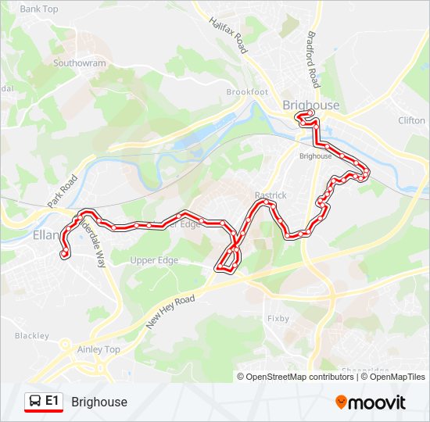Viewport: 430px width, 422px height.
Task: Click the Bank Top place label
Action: [x=39, y=9]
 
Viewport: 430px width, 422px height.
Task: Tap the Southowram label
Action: [x=81, y=63]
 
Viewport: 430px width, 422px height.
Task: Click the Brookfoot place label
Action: [x=247, y=92]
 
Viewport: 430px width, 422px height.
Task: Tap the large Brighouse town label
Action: [x=311, y=105]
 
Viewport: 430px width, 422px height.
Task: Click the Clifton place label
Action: [x=411, y=120]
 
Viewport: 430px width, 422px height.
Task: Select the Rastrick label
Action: [x=271, y=195]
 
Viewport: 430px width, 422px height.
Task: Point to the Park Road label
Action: [x=63, y=190]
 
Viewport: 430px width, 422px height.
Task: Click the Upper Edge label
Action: [x=155, y=260]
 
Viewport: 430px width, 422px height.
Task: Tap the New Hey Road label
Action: [x=170, y=312]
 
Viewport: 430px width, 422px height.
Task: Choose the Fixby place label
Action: [x=278, y=319]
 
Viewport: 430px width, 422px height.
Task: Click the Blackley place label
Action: [x=31, y=336]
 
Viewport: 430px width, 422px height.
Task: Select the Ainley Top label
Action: [x=99, y=349]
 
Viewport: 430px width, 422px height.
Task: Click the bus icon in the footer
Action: [x=35, y=402]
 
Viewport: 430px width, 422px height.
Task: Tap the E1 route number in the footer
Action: [x=52, y=401]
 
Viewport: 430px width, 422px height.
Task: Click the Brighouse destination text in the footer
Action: [x=99, y=402]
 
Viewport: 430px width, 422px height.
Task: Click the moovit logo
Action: [x=371, y=402]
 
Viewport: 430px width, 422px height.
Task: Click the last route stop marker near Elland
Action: [x=64, y=254]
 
